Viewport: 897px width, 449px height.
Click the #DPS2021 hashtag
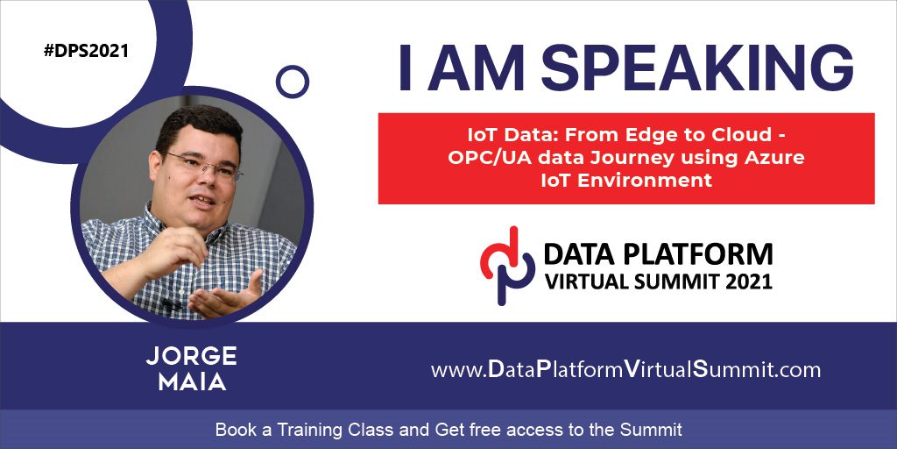[x=87, y=51]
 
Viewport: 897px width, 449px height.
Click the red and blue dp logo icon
[x=507, y=265]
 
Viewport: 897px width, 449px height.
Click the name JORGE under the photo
[x=191, y=356]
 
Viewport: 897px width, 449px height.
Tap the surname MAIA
[x=192, y=382]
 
